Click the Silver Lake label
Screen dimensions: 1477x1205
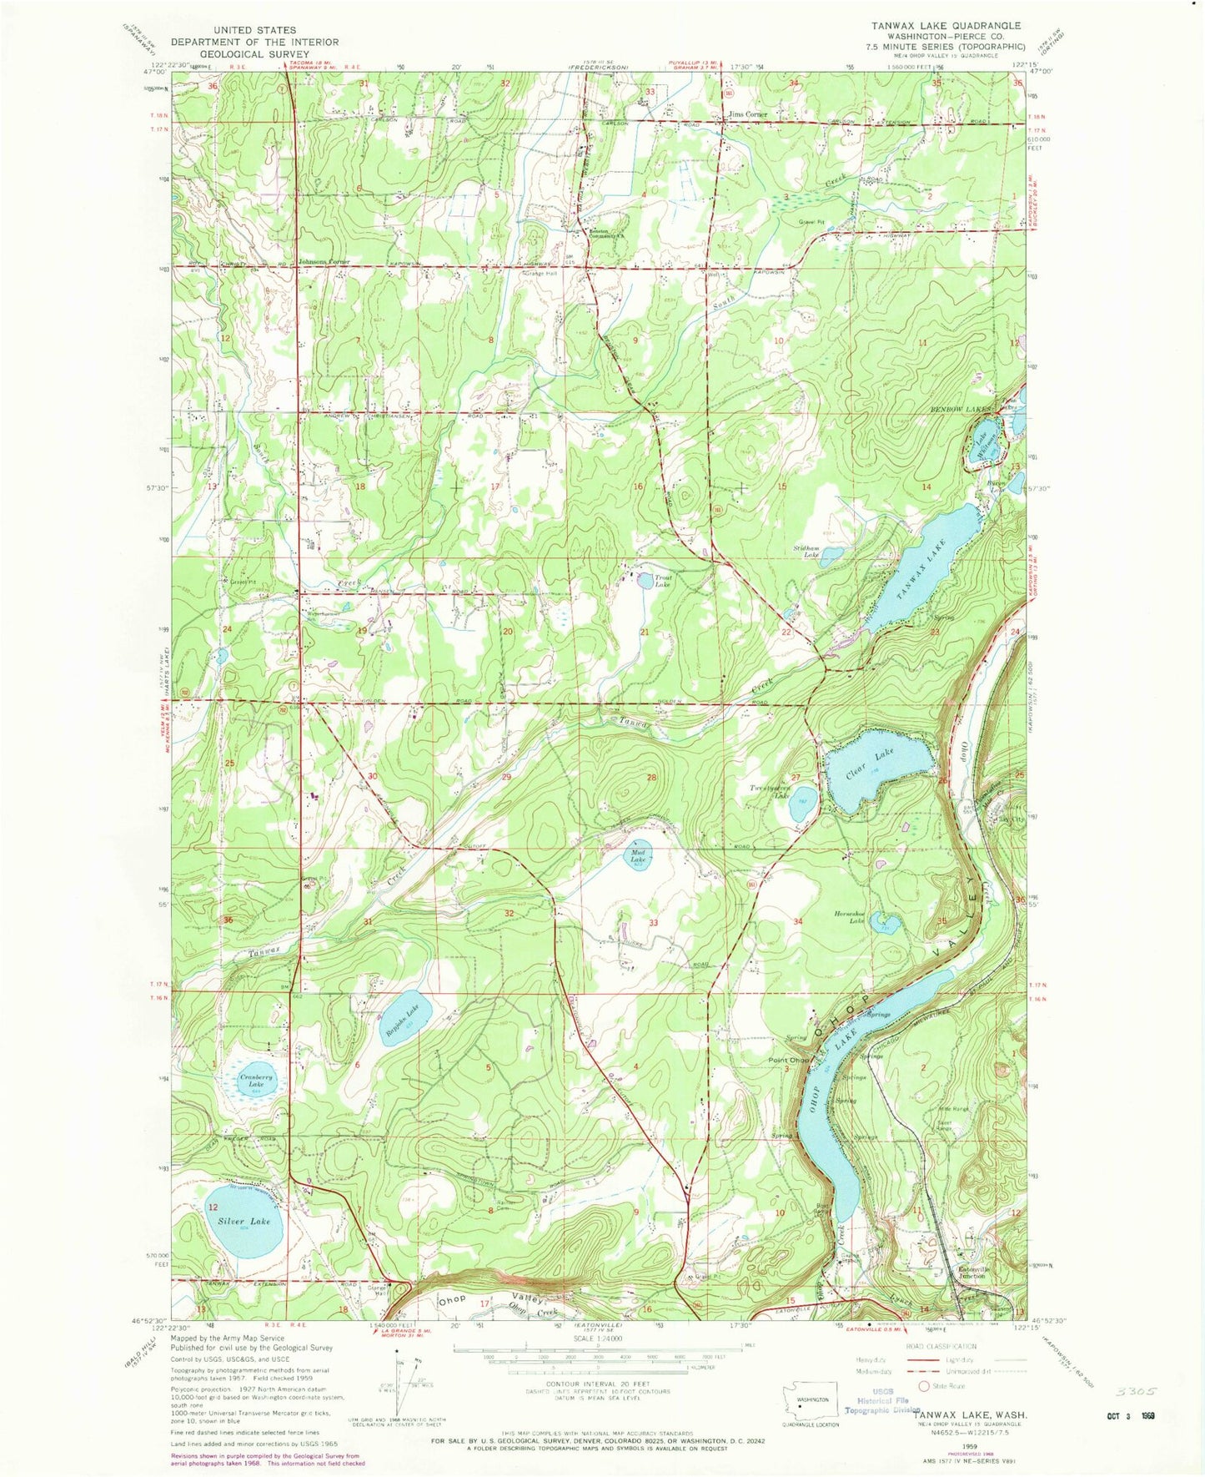244,1221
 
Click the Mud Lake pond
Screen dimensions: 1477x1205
638,856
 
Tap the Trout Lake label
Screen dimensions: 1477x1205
662,581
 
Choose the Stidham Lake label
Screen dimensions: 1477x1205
806,551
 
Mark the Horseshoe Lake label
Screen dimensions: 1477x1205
850,917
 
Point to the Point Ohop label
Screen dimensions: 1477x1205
788,1060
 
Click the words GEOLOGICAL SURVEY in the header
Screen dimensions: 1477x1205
254,53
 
